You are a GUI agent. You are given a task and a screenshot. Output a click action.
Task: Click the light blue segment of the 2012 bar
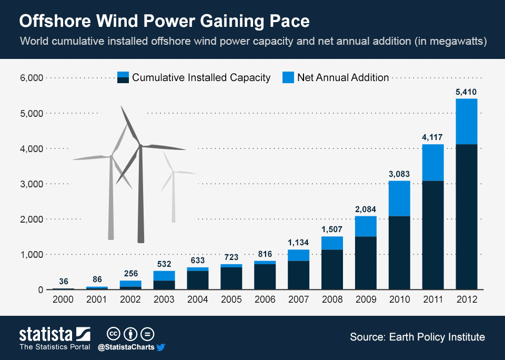pyautogui.click(x=466, y=122)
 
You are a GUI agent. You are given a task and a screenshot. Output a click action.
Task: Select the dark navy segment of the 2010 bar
pyautogui.click(x=399, y=253)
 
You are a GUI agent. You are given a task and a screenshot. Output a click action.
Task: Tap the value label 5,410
pyautogui.click(x=466, y=92)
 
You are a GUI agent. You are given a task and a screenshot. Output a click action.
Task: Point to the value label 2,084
pyautogui.click(x=366, y=209)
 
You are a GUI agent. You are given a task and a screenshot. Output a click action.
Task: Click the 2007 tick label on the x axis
pyautogui.click(x=298, y=299)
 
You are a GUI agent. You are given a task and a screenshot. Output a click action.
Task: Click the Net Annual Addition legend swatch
pyautogui.click(x=288, y=77)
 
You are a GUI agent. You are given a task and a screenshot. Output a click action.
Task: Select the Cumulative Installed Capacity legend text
pyautogui.click(x=201, y=77)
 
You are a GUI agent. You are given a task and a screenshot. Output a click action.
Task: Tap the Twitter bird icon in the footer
pyautogui.click(x=161, y=347)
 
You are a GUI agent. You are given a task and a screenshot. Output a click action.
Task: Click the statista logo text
pyautogui.click(x=46, y=334)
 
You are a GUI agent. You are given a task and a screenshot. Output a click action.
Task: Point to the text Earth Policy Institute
pyautogui.click(x=437, y=337)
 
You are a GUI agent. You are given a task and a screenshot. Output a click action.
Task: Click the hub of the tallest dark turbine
pyautogui.click(x=140, y=146)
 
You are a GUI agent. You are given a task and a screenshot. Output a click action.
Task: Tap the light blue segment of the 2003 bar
pyautogui.click(x=164, y=276)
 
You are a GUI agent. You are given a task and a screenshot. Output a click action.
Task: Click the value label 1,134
pyautogui.click(x=298, y=243)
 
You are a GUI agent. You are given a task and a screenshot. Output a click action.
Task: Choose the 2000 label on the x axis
pyautogui.click(x=63, y=299)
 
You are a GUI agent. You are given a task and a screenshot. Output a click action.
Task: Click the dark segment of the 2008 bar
pyautogui.click(x=332, y=269)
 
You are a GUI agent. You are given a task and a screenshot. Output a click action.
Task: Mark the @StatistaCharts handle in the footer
pyautogui.click(x=126, y=347)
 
